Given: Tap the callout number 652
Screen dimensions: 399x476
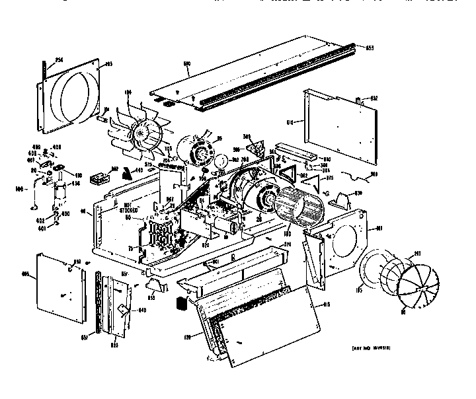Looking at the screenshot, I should [x=374, y=98].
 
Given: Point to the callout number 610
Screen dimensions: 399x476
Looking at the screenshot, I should [x=290, y=122].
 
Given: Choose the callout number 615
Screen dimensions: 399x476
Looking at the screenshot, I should [x=325, y=305].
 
